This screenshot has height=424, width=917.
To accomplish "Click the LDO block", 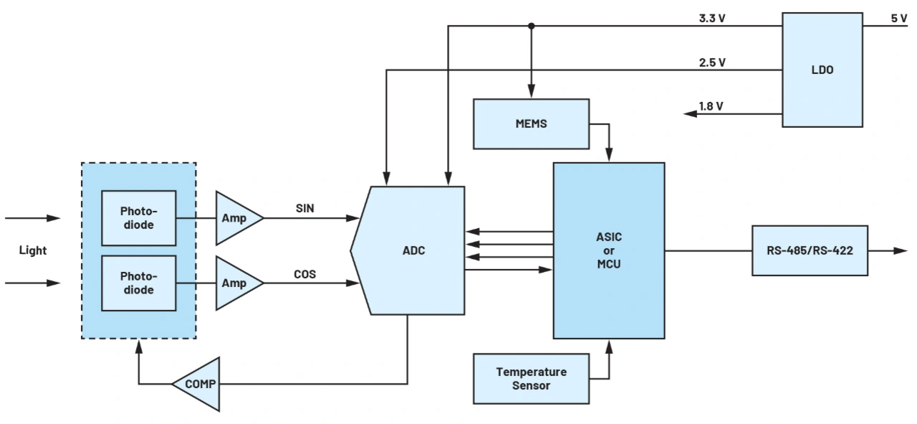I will pyautogui.click(x=822, y=70).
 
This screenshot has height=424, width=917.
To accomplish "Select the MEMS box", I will pyautogui.click(x=531, y=123).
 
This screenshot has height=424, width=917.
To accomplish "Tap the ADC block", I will pyautogui.click(x=413, y=250).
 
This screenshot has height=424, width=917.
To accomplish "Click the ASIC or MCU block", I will pyautogui.click(x=608, y=250).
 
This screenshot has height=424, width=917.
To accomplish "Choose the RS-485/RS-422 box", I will pyautogui.click(x=810, y=250).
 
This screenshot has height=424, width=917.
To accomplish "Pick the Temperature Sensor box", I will pyautogui.click(x=531, y=378).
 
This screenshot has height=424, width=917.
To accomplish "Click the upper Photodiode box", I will pyautogui.click(x=138, y=218).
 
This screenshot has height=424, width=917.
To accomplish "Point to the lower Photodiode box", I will pyautogui.click(x=138, y=283).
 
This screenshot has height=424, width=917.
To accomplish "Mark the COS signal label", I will pyautogui.click(x=305, y=274).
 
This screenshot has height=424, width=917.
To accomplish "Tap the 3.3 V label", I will pyautogui.click(x=712, y=18).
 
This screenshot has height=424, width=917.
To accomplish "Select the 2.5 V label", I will pyautogui.click(x=712, y=62).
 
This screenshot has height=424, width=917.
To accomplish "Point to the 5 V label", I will pyautogui.click(x=898, y=18).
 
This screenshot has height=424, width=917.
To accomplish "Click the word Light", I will pyautogui.click(x=33, y=250).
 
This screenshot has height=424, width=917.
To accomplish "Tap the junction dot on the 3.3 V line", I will pyautogui.click(x=531, y=27).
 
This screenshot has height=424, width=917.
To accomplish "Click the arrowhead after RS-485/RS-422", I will pyautogui.click(x=901, y=250).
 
